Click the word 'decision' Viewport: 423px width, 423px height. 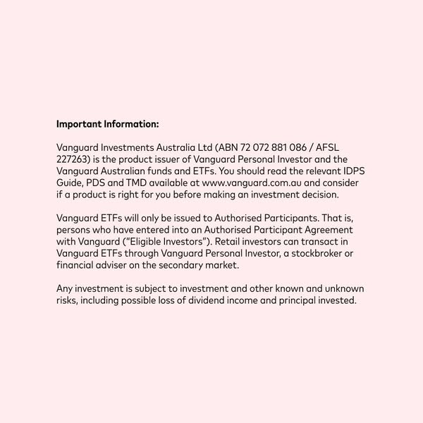[321, 195]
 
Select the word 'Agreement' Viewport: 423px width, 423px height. [335, 230]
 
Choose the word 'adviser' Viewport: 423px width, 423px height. [114, 265]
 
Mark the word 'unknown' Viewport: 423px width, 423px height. [341, 288]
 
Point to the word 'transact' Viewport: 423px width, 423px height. [330, 242]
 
